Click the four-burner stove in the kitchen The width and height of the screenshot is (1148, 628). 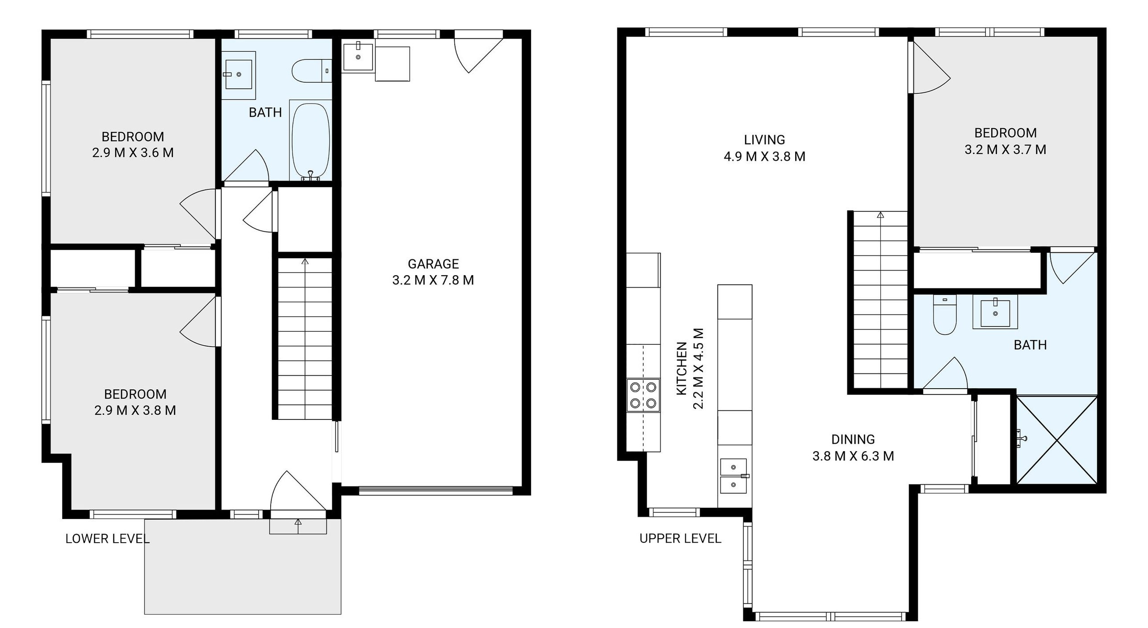click(643, 395)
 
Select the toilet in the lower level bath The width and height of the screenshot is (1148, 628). click(312, 71)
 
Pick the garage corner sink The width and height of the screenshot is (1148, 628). click(358, 56)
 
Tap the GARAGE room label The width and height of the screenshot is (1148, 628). click(433, 264)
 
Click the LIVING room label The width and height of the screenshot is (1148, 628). click(764, 140)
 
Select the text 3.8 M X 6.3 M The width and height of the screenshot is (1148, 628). click(853, 456)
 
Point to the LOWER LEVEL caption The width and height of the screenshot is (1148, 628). click(107, 539)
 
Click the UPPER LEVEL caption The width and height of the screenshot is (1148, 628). click(680, 539)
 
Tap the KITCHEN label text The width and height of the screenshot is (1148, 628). click(682, 368)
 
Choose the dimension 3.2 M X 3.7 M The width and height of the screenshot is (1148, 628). click(1006, 150)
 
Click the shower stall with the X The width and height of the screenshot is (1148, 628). click(1057, 440)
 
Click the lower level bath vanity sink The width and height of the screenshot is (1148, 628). click(239, 75)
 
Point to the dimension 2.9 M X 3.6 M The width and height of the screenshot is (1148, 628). click(133, 153)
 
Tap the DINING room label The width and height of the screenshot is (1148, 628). click(853, 440)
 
